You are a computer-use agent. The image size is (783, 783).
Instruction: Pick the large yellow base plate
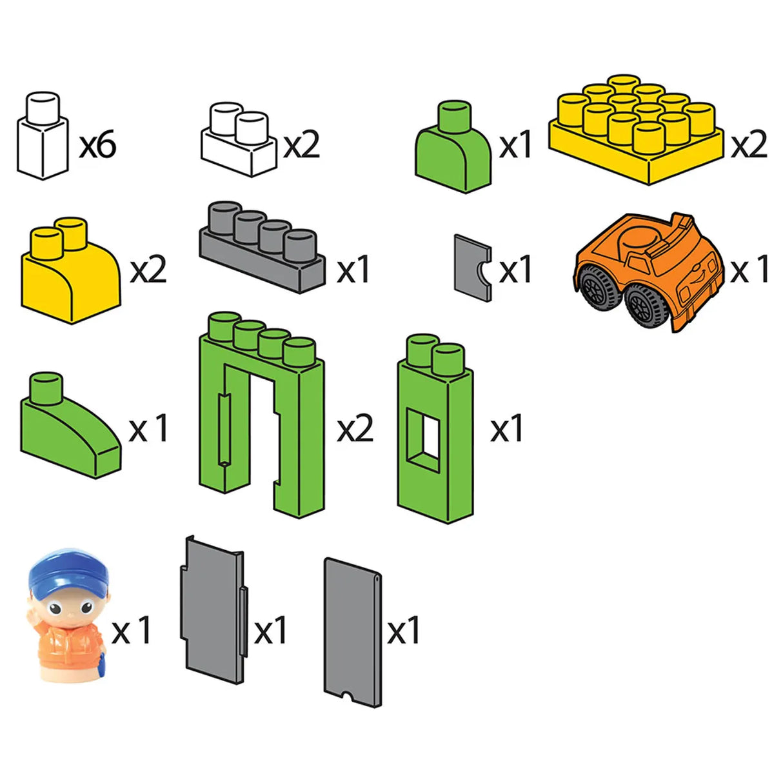(637, 130)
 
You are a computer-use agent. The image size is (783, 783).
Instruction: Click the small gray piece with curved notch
(473, 268)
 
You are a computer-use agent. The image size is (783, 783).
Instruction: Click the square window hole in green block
(423, 440)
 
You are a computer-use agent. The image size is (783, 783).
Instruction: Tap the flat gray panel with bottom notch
(353, 633)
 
